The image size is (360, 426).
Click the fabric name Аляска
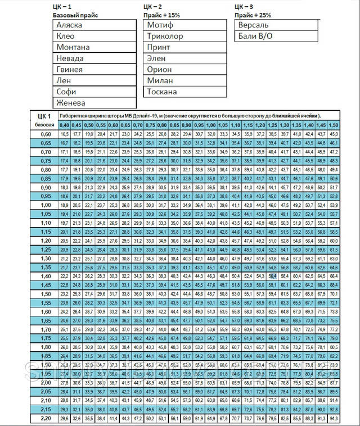point(70,25)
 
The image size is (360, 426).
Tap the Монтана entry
point(73,47)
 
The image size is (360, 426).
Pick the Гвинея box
point(70,69)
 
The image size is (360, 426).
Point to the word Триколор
point(165,37)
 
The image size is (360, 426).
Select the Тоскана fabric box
point(162,92)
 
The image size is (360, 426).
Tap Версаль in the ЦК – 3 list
point(254,25)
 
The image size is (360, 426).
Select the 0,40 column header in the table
point(65,125)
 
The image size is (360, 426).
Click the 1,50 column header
point(334,125)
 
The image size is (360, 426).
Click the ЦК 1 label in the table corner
point(44,115)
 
